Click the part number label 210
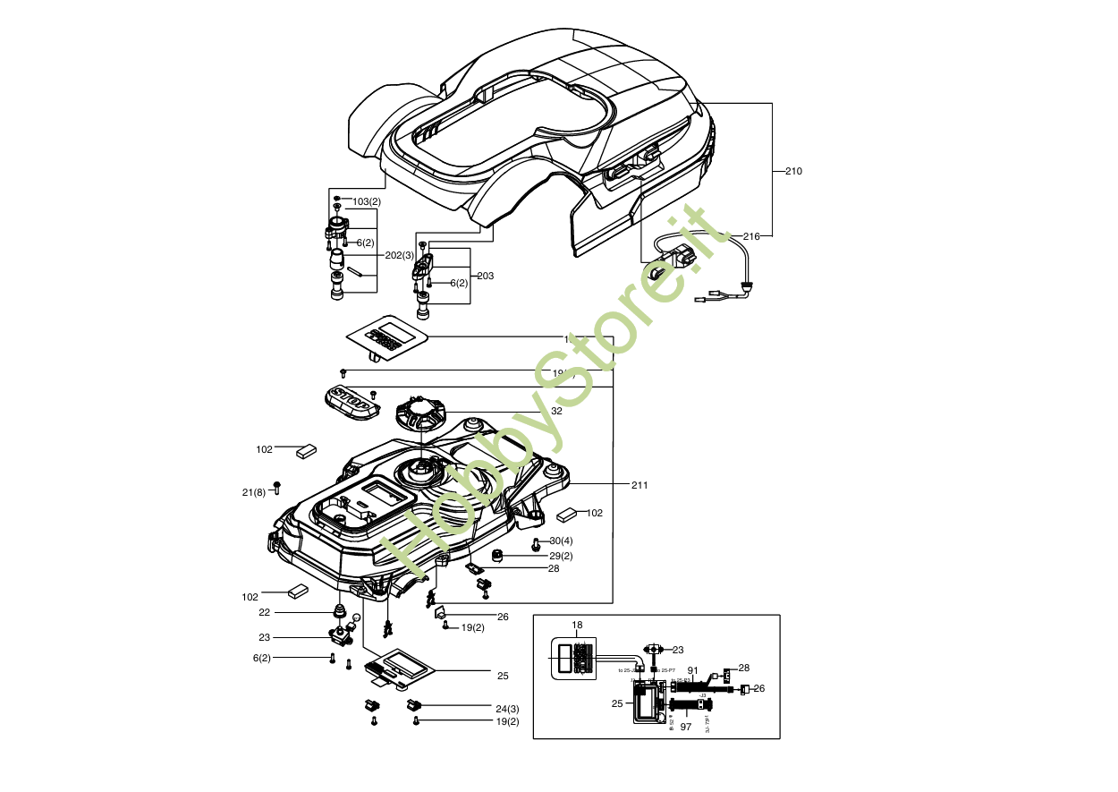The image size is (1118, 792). click(x=793, y=171)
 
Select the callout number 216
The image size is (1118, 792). click(x=751, y=236)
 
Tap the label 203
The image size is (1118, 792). click(x=486, y=276)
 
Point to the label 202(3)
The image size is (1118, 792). click(x=400, y=255)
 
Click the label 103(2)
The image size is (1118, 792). click(x=367, y=201)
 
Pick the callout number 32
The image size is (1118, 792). click(x=556, y=411)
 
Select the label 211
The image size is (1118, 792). click(x=639, y=485)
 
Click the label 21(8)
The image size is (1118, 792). click(x=253, y=492)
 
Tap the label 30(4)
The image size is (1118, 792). click(x=561, y=541)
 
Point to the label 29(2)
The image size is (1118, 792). click(x=561, y=556)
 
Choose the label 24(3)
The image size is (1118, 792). click(x=507, y=709)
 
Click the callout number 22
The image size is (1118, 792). click(x=264, y=612)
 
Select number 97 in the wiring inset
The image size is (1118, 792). click(x=685, y=727)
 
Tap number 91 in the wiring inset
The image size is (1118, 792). click(x=692, y=669)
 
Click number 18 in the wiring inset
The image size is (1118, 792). click(x=577, y=625)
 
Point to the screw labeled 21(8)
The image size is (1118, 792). click(x=276, y=487)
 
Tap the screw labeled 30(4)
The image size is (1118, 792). click(x=536, y=543)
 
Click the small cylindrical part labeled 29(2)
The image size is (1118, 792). click(x=498, y=557)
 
